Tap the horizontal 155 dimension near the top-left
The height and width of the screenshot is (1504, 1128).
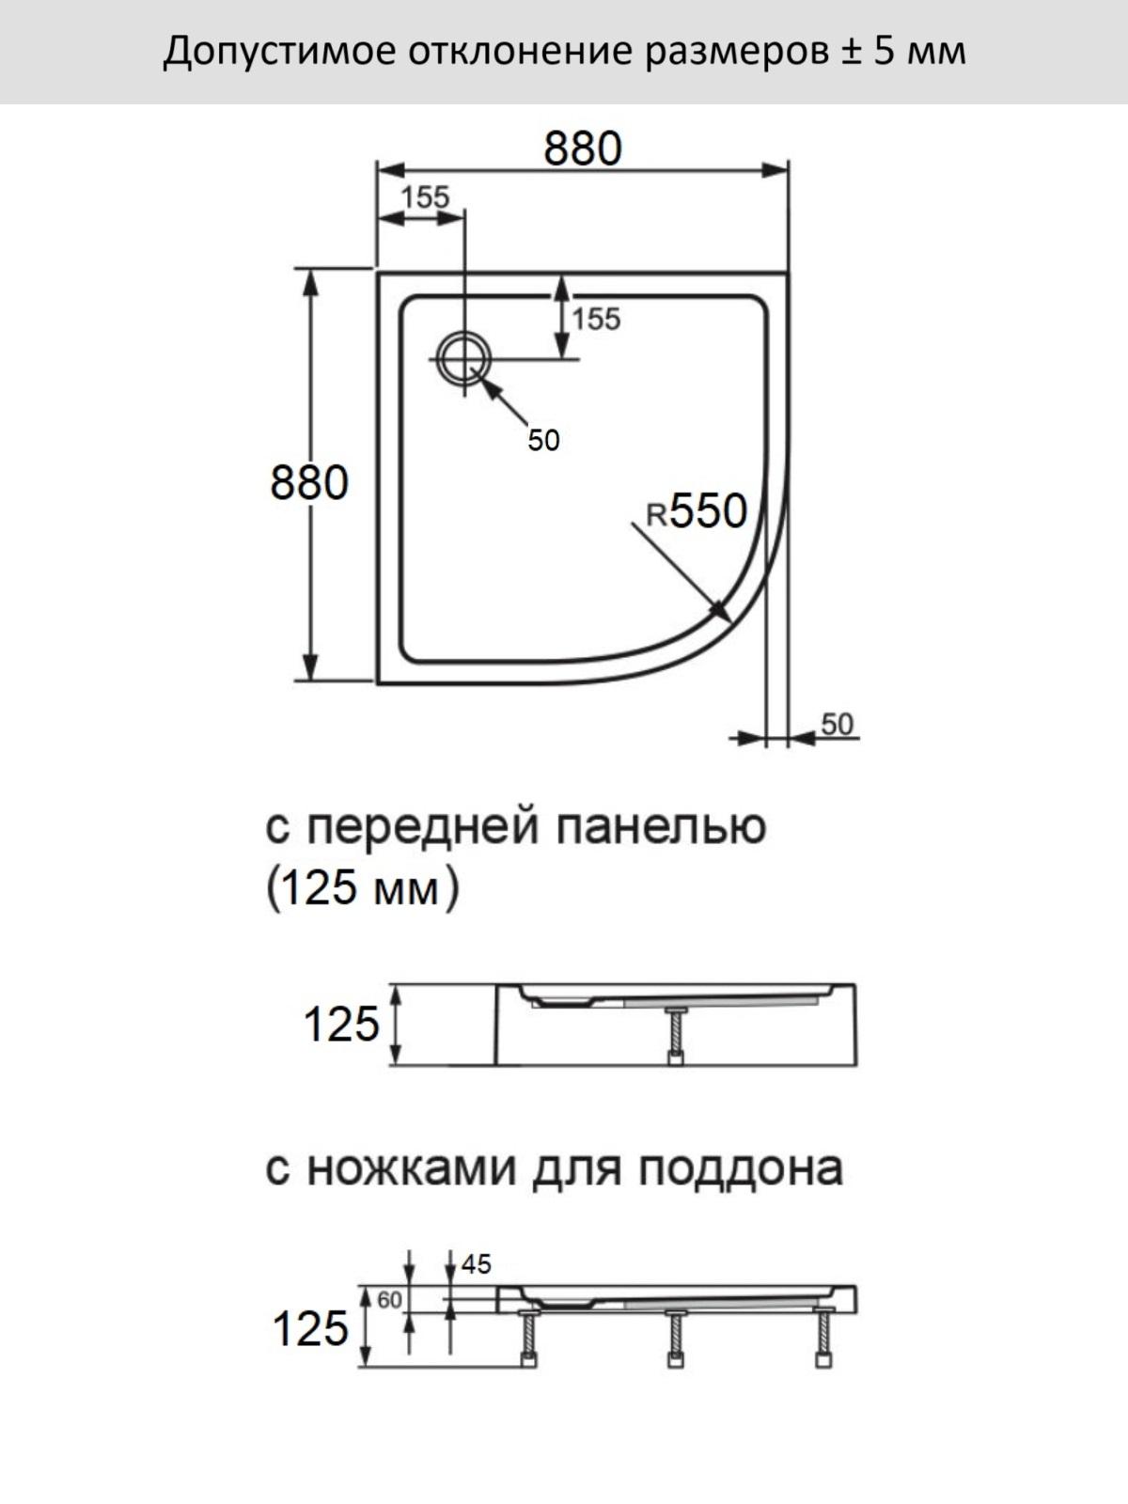click(x=425, y=197)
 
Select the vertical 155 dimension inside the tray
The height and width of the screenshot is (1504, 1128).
click(x=596, y=319)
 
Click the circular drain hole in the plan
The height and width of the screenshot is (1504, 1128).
click(x=465, y=359)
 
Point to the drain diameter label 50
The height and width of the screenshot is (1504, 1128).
click(x=543, y=440)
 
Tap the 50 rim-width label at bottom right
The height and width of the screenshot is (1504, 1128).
click(x=837, y=724)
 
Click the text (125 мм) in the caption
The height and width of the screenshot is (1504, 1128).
click(x=362, y=888)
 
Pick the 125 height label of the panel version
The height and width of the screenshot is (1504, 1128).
click(x=341, y=1024)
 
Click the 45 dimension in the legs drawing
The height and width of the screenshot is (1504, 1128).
click(x=476, y=1264)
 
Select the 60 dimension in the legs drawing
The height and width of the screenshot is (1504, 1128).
click(x=389, y=1300)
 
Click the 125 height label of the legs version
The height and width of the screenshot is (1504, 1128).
click(x=311, y=1328)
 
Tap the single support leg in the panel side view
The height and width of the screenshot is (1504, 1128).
click(x=676, y=1035)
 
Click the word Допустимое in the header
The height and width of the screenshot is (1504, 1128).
click(x=279, y=52)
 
